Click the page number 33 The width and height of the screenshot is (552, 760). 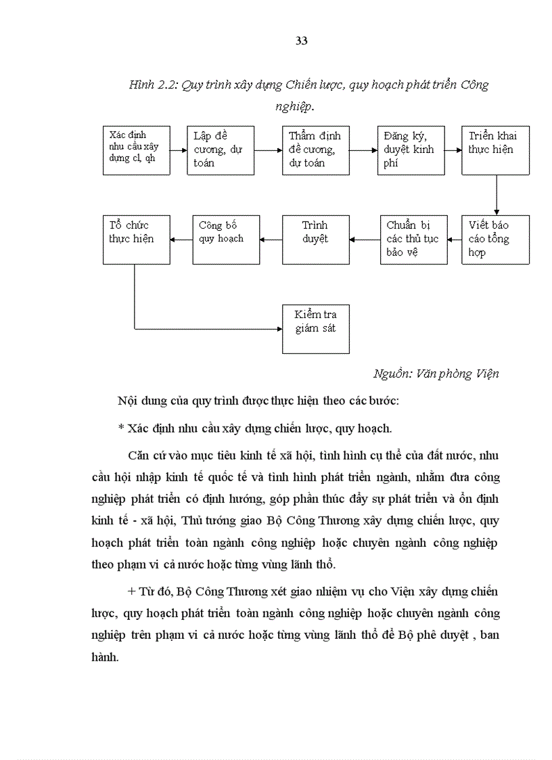click(302, 41)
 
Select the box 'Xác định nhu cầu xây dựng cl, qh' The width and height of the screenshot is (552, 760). click(136, 150)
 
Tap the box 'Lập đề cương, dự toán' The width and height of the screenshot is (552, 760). click(221, 150)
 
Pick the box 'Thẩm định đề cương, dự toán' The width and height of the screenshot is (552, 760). click(316, 150)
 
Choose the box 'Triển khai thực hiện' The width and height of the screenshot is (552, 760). click(496, 150)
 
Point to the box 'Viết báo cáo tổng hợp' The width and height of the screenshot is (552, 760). click(496, 240)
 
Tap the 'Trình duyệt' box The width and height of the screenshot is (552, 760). click(316, 240)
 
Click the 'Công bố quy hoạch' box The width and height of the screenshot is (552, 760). click(226, 240)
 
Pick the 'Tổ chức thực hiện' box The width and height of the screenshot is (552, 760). click(136, 240)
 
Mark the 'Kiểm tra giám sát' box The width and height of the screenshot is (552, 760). click(316, 329)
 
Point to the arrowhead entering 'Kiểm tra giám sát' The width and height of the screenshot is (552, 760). click(278, 329)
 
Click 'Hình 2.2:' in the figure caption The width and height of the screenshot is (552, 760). click(152, 85)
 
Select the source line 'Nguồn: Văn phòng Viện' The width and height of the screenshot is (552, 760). click(436, 374)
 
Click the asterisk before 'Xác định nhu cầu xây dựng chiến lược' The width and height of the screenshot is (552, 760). click(120, 429)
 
